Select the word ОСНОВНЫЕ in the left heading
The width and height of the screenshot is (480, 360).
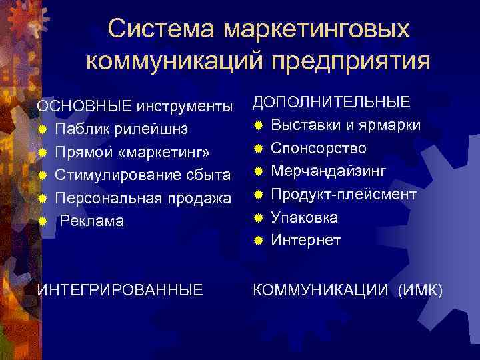click(85, 107)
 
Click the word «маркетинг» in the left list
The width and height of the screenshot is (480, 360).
click(166, 153)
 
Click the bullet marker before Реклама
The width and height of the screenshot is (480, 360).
click(41, 221)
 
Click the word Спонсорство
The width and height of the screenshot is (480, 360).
click(319, 148)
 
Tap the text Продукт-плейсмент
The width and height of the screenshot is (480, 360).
click(343, 194)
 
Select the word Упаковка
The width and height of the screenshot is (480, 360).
click(305, 217)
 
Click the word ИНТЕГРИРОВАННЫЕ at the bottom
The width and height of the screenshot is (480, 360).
click(120, 290)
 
